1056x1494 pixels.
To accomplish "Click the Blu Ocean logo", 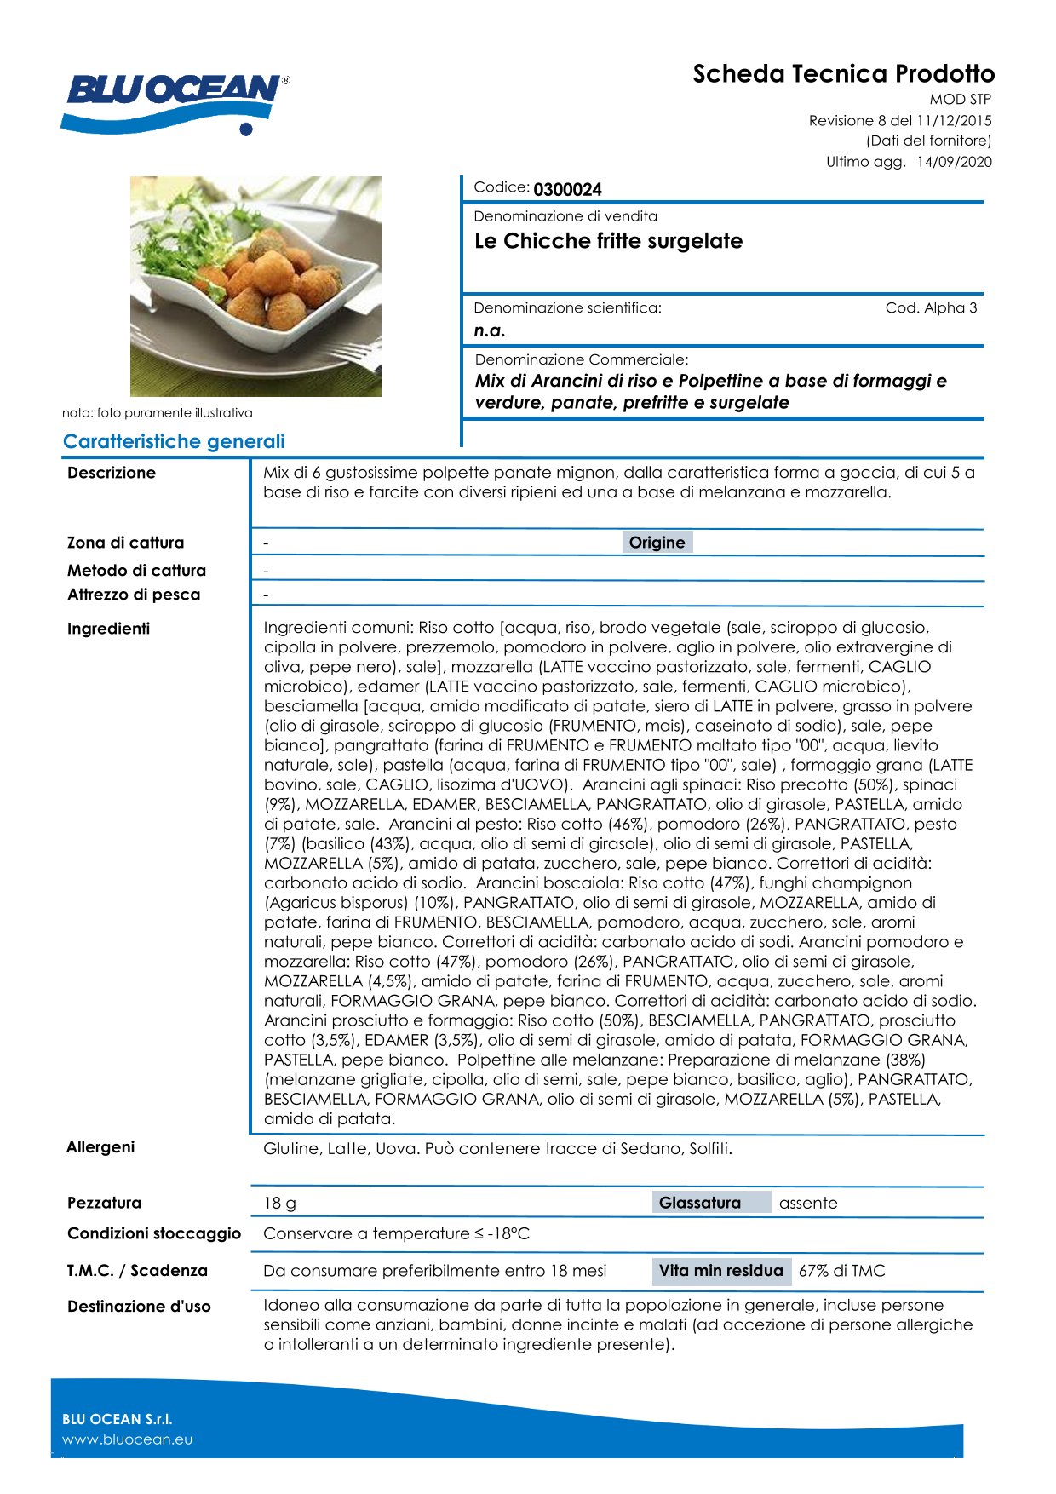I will pyautogui.click(x=175, y=98).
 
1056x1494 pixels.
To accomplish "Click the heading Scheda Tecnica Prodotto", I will pyautogui.click(x=843, y=74).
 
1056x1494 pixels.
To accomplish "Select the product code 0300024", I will pyautogui.click(x=567, y=189).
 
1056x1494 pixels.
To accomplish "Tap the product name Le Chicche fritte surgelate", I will pyautogui.click(x=608, y=241).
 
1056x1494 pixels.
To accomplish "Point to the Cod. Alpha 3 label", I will pyautogui.click(x=931, y=307).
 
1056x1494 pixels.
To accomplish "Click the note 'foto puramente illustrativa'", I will pyautogui.click(x=158, y=413).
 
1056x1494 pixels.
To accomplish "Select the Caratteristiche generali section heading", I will pyautogui.click(x=174, y=441).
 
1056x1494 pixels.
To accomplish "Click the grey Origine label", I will pyautogui.click(x=657, y=543).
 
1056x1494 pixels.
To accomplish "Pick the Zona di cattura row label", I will pyautogui.click(x=125, y=543).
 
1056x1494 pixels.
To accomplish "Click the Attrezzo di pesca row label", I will pyautogui.click(x=134, y=595).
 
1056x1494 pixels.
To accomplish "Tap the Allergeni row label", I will pyautogui.click(x=100, y=1147).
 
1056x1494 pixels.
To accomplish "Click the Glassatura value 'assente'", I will pyautogui.click(x=808, y=1204).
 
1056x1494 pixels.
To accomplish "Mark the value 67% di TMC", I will pyautogui.click(x=841, y=1271).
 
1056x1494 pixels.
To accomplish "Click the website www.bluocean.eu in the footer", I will pyautogui.click(x=127, y=1439).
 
